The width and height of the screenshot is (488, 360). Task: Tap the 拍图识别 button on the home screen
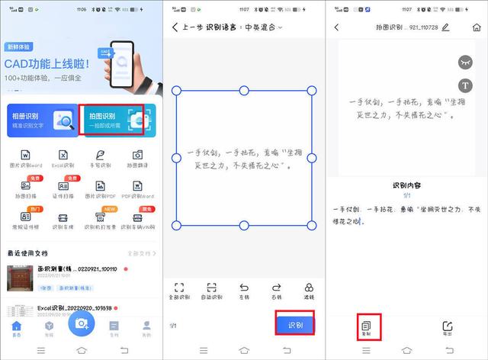(x=111, y=120)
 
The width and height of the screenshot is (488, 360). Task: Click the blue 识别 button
(x=294, y=325)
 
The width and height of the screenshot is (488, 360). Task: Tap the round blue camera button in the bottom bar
(x=81, y=323)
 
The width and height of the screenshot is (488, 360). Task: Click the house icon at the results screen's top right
(x=477, y=27)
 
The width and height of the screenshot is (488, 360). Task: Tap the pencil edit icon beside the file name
(x=445, y=27)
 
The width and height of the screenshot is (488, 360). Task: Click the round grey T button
(x=464, y=85)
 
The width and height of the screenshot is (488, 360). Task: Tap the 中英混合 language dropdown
(x=263, y=27)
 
